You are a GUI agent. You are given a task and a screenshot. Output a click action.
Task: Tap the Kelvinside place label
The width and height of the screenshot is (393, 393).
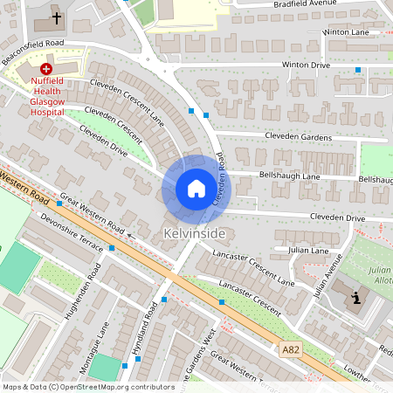[194, 234]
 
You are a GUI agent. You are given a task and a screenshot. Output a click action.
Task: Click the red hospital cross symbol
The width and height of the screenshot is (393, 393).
[45, 67]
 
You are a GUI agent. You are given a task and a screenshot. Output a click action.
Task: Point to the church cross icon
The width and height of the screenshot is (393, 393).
[57, 17]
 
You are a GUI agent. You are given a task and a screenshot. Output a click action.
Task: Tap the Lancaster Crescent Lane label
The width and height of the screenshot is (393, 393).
[257, 266]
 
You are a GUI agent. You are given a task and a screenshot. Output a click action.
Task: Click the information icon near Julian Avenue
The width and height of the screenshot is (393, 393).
[356, 300]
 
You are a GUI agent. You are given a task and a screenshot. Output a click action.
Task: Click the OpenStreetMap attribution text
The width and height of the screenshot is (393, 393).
[87, 387]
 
